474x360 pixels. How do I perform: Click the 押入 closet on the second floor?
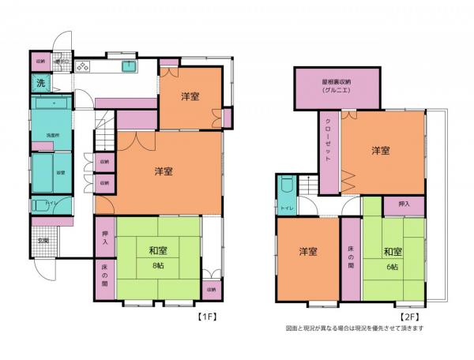coord(404,204)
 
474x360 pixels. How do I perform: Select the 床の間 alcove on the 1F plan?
coord(105,276)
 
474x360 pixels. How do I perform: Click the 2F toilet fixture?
coord(286,188)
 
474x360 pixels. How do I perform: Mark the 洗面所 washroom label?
coord(53,134)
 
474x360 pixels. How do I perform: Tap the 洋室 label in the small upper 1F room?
coord(190,96)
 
